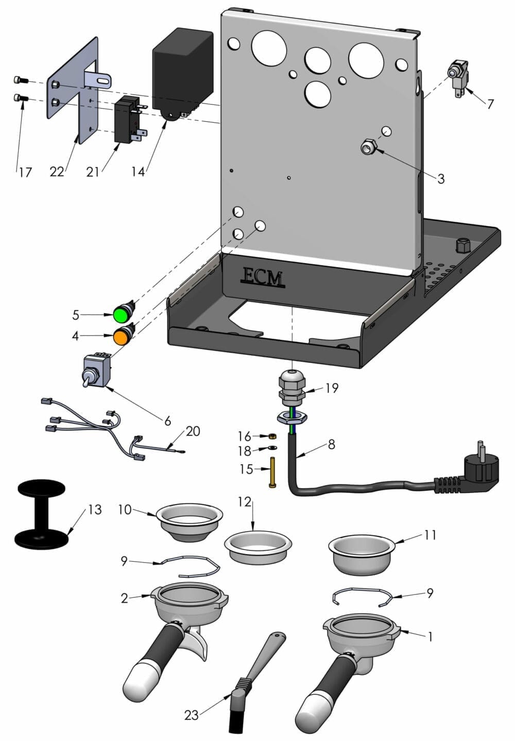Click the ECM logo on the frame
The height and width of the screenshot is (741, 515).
click(x=262, y=277)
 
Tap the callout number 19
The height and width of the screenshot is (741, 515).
click(x=332, y=388)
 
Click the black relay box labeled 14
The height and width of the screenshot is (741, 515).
click(x=182, y=72)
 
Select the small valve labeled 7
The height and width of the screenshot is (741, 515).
click(x=457, y=75)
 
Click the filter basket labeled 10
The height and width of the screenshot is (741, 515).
click(x=189, y=521)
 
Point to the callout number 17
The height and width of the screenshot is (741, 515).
click(x=25, y=172)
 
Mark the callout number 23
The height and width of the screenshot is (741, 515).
click(x=191, y=716)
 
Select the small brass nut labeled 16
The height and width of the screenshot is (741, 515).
click(x=272, y=436)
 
